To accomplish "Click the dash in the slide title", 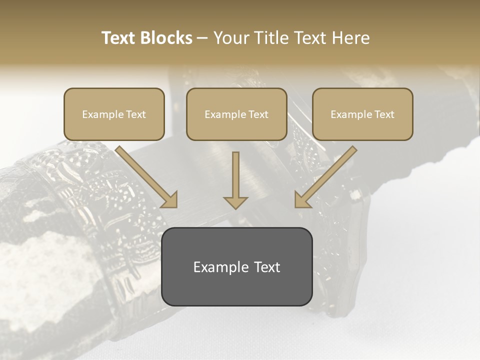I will pyautogui.click(x=202, y=38).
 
